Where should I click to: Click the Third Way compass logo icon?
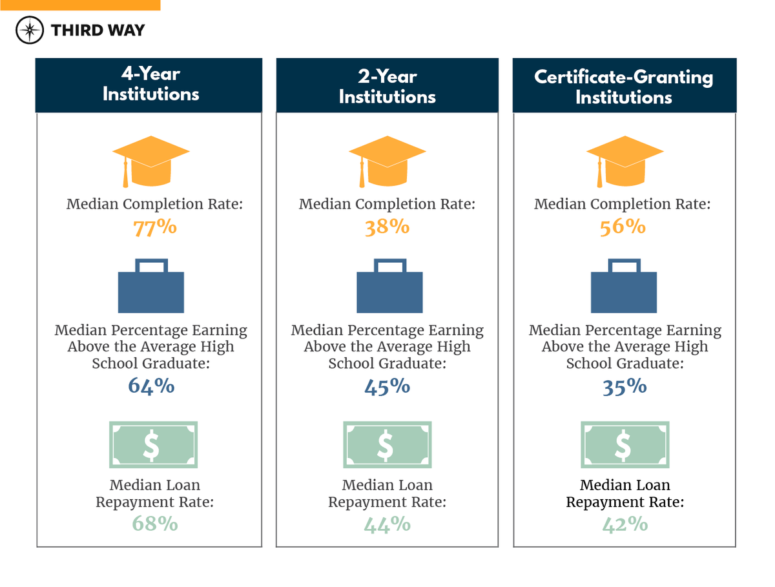(x=30, y=30)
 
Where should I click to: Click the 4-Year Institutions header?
(x=150, y=85)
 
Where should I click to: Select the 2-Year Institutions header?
(x=387, y=87)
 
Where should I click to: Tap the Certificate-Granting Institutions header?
(x=624, y=87)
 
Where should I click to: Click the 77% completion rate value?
(x=155, y=228)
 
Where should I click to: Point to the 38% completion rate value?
(x=387, y=228)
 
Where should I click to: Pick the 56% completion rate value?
(x=623, y=228)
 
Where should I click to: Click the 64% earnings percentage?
(x=151, y=386)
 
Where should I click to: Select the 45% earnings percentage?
(x=387, y=386)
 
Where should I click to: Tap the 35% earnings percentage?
(x=625, y=386)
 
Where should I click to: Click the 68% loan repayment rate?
(x=155, y=524)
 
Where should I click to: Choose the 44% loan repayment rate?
(x=387, y=524)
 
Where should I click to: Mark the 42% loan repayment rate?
(x=625, y=524)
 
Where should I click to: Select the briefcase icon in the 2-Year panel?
(x=389, y=286)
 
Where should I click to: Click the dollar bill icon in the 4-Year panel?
(x=153, y=445)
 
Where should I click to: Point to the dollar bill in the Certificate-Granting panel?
(x=623, y=445)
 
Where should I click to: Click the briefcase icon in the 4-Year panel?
(x=151, y=286)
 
